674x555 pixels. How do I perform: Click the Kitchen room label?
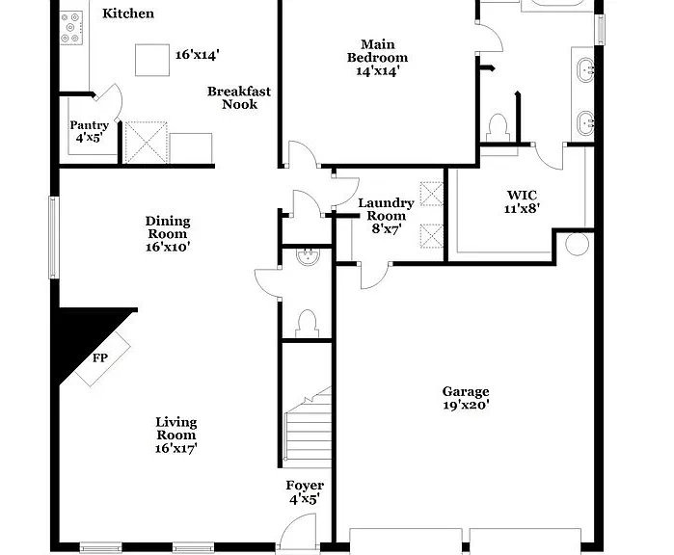pos(128,13)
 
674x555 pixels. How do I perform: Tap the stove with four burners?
pos(71,28)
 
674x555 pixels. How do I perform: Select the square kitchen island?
pos(152,60)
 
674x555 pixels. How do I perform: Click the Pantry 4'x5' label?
pos(90,131)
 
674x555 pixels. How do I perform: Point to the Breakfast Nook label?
pos(239,97)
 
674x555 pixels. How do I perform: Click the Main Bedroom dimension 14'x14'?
pos(377,71)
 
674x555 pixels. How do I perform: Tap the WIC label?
pos(522,196)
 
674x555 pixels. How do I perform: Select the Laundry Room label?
pos(386,209)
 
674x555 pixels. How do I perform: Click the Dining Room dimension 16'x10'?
pos(168,247)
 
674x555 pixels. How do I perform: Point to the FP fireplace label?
pos(100,357)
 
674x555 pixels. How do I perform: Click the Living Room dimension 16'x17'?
pos(176,448)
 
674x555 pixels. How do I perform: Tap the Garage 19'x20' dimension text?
pos(466,405)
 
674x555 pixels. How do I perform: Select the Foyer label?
pos(305,486)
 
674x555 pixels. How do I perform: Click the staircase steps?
pos(308,434)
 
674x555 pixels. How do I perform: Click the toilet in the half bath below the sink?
pos(307,324)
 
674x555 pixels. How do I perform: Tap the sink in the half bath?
pos(309,256)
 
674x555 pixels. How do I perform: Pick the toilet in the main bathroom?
pos(499,127)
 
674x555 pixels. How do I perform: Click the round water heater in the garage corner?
pos(577,244)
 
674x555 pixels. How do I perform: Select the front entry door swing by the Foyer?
pos(298,532)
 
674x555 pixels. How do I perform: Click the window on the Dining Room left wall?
pos(54,238)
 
